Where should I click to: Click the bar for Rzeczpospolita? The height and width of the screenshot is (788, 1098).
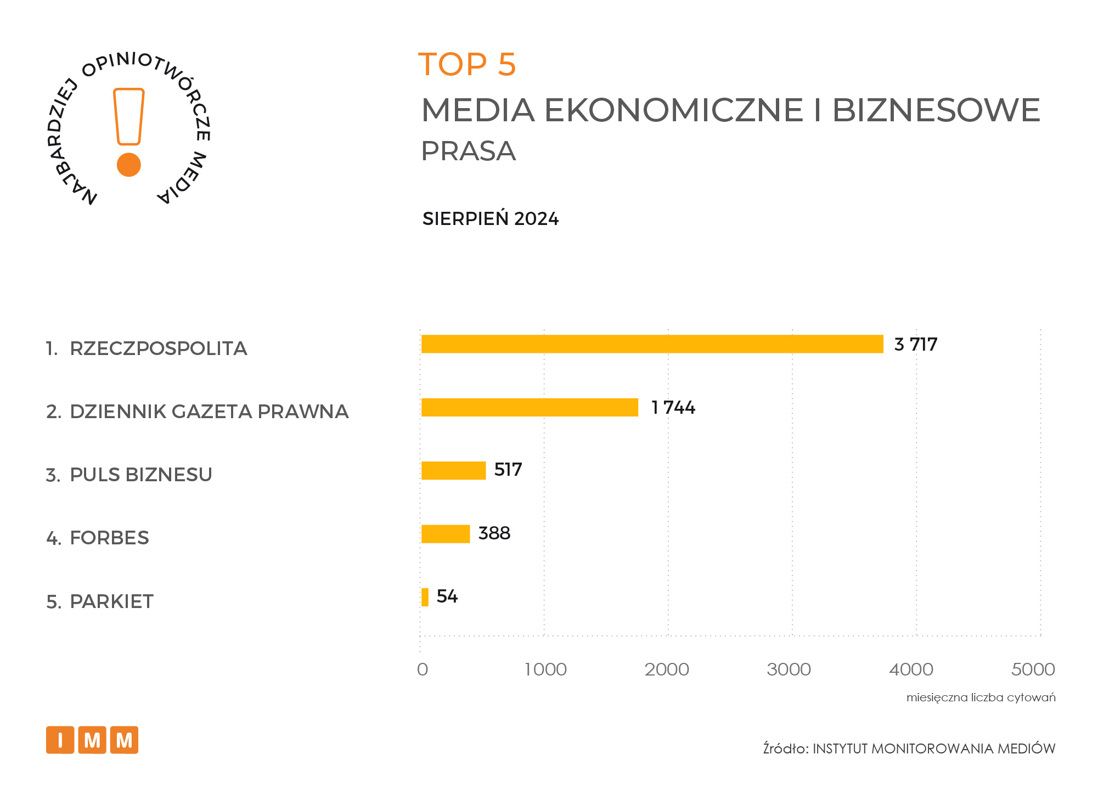click(652, 344)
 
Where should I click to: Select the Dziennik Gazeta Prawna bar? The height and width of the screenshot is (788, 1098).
click(530, 408)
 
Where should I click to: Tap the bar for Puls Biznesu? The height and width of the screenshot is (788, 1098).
click(453, 471)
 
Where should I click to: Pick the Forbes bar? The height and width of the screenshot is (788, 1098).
click(445, 534)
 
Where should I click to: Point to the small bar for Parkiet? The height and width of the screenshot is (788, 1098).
click(425, 597)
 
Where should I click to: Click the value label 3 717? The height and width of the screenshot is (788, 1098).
click(915, 345)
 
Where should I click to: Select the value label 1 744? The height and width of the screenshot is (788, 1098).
click(673, 408)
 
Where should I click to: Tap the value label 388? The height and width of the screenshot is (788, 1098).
click(494, 533)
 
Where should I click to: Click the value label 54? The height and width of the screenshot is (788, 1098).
click(447, 596)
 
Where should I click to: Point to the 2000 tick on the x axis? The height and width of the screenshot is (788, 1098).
click(667, 669)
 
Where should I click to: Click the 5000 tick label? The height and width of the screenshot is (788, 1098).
click(1033, 669)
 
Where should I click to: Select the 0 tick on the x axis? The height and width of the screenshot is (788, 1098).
click(422, 669)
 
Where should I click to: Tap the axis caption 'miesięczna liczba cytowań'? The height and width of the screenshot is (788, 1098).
click(981, 697)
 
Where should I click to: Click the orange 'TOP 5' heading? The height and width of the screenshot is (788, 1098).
click(467, 64)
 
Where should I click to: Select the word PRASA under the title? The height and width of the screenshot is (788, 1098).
click(468, 151)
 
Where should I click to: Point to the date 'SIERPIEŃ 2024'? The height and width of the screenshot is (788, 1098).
click(490, 219)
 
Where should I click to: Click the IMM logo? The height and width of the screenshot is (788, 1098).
click(92, 740)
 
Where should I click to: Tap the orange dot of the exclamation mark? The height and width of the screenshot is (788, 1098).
click(129, 165)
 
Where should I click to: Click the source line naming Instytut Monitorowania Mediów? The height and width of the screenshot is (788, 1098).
click(909, 748)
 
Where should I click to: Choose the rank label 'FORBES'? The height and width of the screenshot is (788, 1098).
click(109, 538)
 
